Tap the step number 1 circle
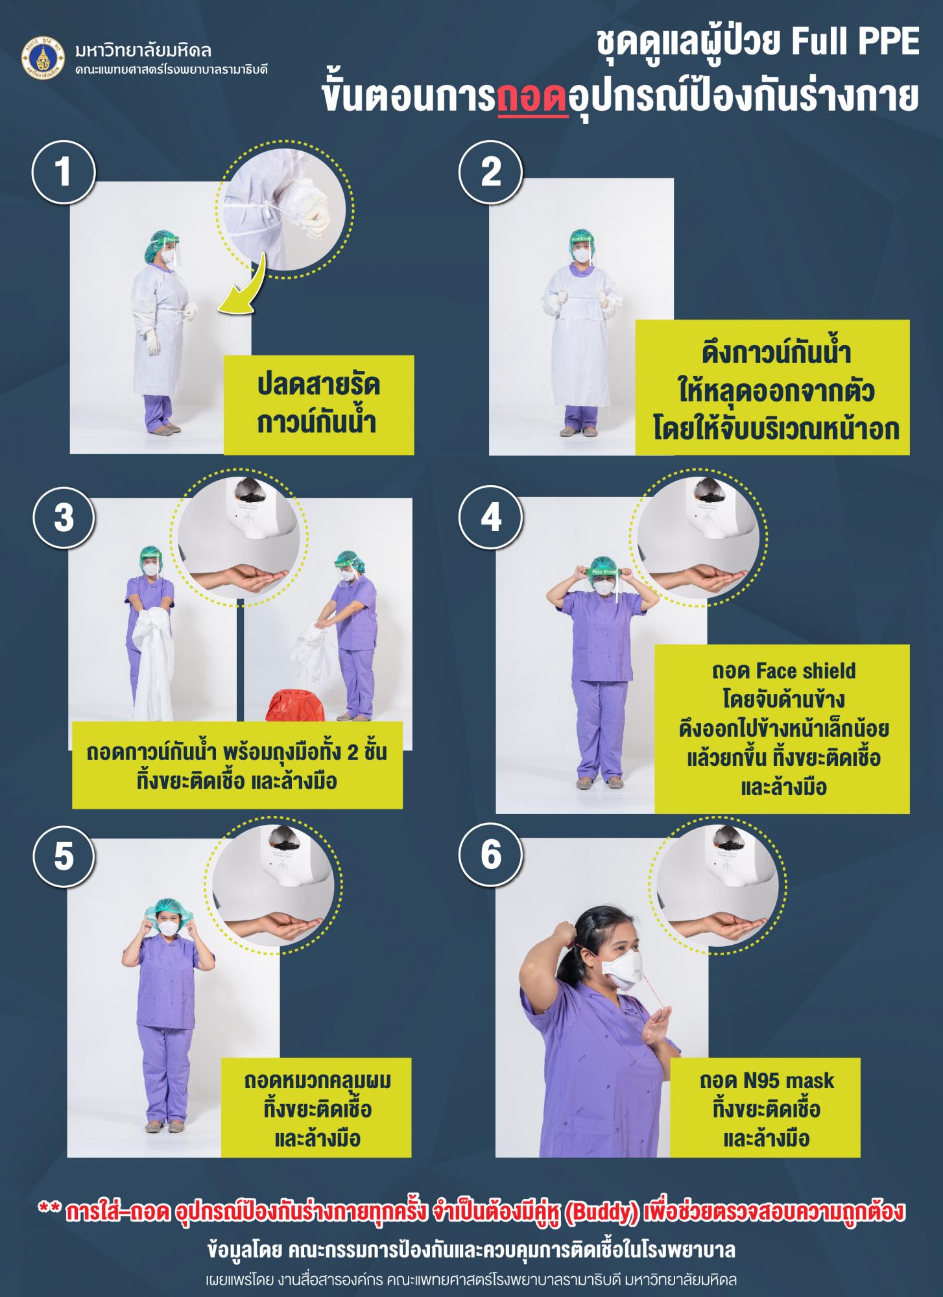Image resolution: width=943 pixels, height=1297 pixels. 64,173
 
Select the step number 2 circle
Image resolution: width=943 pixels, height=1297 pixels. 491,173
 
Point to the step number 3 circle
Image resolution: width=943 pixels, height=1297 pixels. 64,519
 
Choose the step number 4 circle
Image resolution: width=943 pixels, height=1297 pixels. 491,519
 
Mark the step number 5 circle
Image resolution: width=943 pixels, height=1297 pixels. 64,856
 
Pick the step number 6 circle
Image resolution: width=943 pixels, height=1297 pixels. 491,856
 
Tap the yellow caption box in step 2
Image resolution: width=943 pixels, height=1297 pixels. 772,387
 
